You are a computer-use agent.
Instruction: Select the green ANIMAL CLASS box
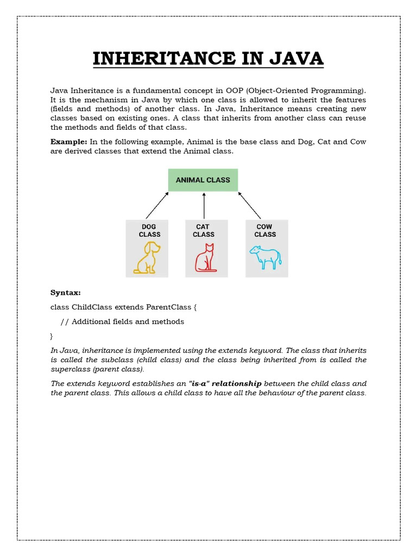pyautogui.click(x=203, y=180)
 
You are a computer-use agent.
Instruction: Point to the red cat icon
pyautogui.click(x=205, y=258)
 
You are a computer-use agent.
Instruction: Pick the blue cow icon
pyautogui.click(x=265, y=257)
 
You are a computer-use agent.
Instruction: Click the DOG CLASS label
pyautogui.click(x=148, y=231)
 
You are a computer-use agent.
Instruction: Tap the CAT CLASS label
pyautogui.click(x=204, y=231)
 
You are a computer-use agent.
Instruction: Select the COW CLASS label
pyautogui.click(x=265, y=231)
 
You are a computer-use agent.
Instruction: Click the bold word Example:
pyautogui.click(x=69, y=142)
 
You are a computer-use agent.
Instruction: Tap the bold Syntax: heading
pyautogui.click(x=66, y=293)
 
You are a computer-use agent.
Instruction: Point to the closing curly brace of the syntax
pyautogui.click(x=52, y=336)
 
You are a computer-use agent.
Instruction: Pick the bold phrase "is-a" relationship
pyautogui.click(x=225, y=383)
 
